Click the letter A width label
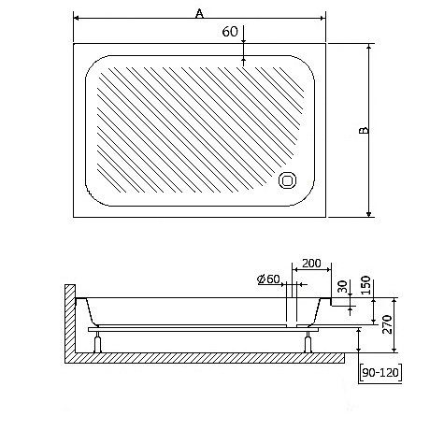pyautogui.click(x=198, y=12)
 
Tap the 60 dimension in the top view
pyautogui.click(x=229, y=32)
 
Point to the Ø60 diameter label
pyautogui.click(x=268, y=279)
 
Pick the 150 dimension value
pyautogui.click(x=365, y=283)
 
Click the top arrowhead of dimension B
pyautogui.click(x=370, y=46)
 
